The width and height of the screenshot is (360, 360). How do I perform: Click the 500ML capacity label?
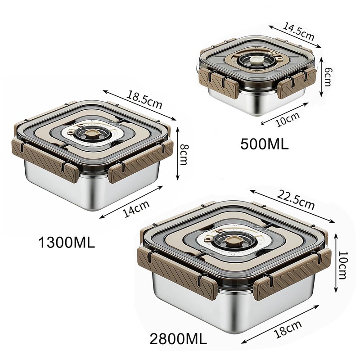264,144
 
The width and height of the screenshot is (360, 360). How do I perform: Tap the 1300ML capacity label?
67,243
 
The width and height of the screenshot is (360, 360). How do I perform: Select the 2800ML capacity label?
178,339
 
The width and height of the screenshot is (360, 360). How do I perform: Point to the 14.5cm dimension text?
298,31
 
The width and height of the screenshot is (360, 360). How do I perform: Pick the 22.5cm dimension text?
296,200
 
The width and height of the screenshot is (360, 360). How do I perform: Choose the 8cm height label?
184,154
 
